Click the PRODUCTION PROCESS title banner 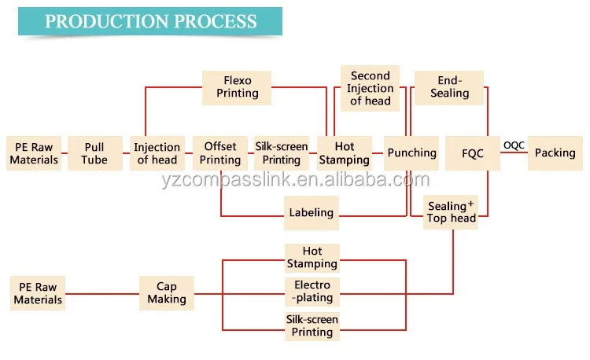pos(150,21)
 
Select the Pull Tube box pos(94,153)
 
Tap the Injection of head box pos(157,153)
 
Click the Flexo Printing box pos(237,86)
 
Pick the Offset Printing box pos(220,153)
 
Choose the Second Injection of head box pos(370,88)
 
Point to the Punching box pos(411,153)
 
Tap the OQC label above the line pos(514,144)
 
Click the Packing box pos(555,153)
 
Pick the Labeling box pos(311,212)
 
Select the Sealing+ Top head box pos(452,212)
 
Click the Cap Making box pos(167,292)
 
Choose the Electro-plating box pos(312,292)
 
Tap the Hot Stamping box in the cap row pos(312,258)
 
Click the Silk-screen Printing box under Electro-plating pos(312,325)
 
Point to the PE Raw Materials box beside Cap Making pos(38,292)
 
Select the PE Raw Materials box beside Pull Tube pos(34,153)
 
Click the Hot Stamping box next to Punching pos(345,153)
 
